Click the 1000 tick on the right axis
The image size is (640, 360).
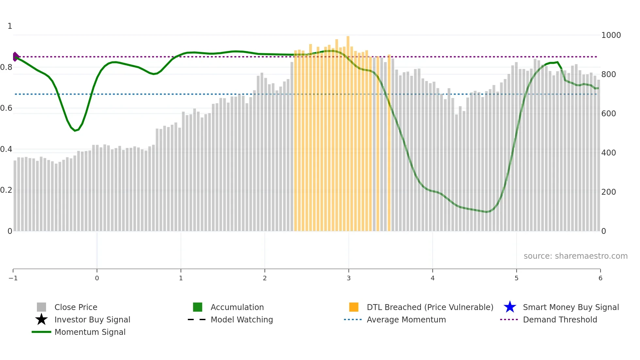pyautogui.click(x=611, y=35)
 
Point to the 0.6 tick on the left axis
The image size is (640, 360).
pyautogui.click(x=6, y=108)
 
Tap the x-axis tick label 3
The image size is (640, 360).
pyautogui.click(x=348, y=278)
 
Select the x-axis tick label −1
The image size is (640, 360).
pyautogui.click(x=13, y=278)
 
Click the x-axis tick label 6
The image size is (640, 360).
pyautogui.click(x=600, y=278)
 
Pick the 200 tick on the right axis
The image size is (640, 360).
pyautogui.click(x=608, y=192)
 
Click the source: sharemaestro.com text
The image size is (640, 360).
pyautogui.click(x=575, y=256)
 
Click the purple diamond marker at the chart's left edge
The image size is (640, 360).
pyautogui.click(x=15, y=57)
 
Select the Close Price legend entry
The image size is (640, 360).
pyautogui.click(x=76, y=307)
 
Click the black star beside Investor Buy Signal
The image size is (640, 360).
pyautogui.click(x=41, y=319)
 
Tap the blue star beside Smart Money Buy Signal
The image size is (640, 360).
pyautogui.click(x=510, y=307)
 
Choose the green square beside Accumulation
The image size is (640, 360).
pyautogui.click(x=198, y=307)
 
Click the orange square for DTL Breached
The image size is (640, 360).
pyautogui.click(x=354, y=307)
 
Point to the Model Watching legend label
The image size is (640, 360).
pyautogui.click(x=242, y=320)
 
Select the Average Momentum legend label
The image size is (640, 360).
pyautogui.click(x=406, y=320)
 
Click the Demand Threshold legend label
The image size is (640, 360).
pyautogui.click(x=560, y=320)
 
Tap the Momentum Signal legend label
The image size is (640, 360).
pyautogui.click(x=90, y=332)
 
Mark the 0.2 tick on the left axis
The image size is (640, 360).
pyautogui.click(x=6, y=190)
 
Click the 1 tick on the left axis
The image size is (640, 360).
pyautogui.click(x=10, y=26)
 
